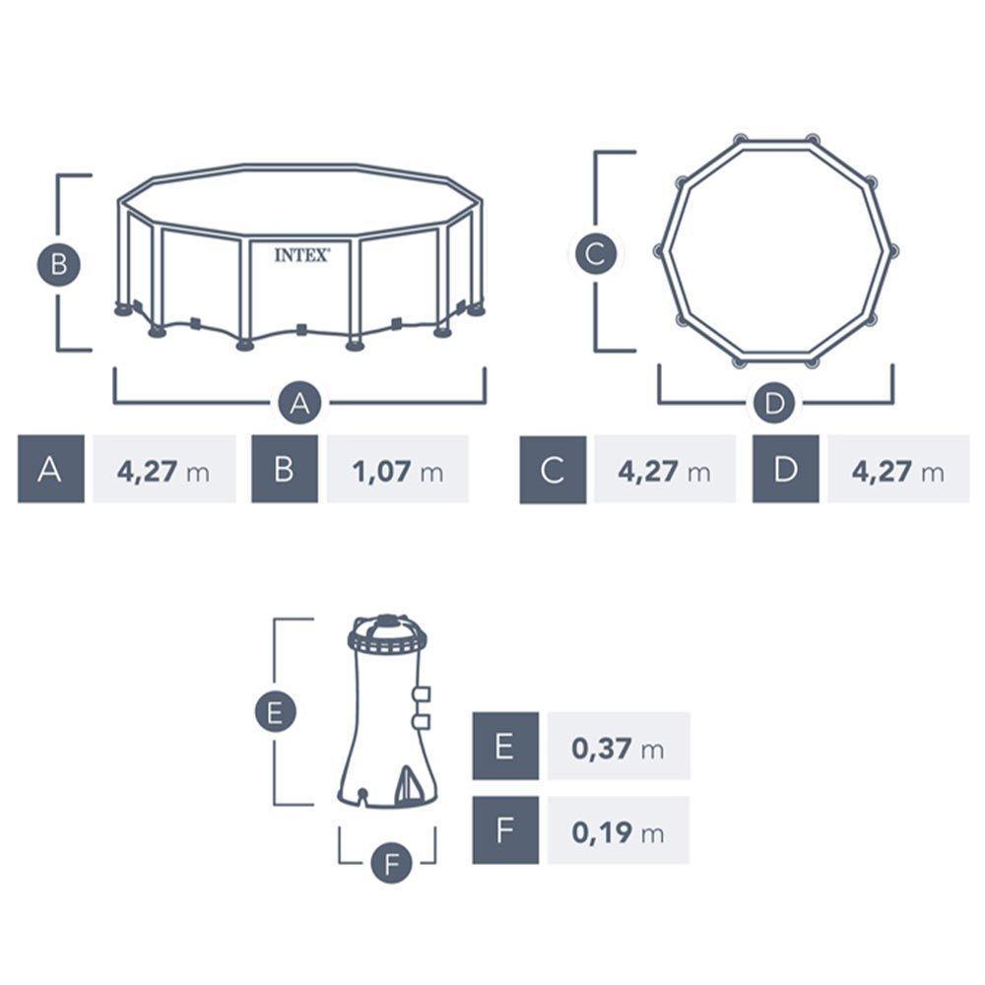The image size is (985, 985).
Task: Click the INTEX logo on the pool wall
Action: click(x=302, y=254)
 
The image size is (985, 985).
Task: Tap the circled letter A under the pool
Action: click(x=300, y=403)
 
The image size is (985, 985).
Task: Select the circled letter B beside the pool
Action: click(x=59, y=264)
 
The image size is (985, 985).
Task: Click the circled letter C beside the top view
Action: click(x=595, y=254)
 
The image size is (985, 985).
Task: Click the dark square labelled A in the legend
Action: click(x=51, y=469)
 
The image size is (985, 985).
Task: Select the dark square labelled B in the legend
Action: click(x=285, y=469)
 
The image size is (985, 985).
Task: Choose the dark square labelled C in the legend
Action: click(x=553, y=469)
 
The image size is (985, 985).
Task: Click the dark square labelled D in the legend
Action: click(x=785, y=469)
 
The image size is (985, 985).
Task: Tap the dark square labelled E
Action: click(x=505, y=746)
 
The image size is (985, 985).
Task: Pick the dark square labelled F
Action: click(x=505, y=830)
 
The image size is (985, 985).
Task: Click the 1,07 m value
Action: click(x=398, y=471)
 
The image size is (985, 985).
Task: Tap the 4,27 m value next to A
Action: click(x=164, y=471)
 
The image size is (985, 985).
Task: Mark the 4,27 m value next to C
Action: click(x=664, y=471)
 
